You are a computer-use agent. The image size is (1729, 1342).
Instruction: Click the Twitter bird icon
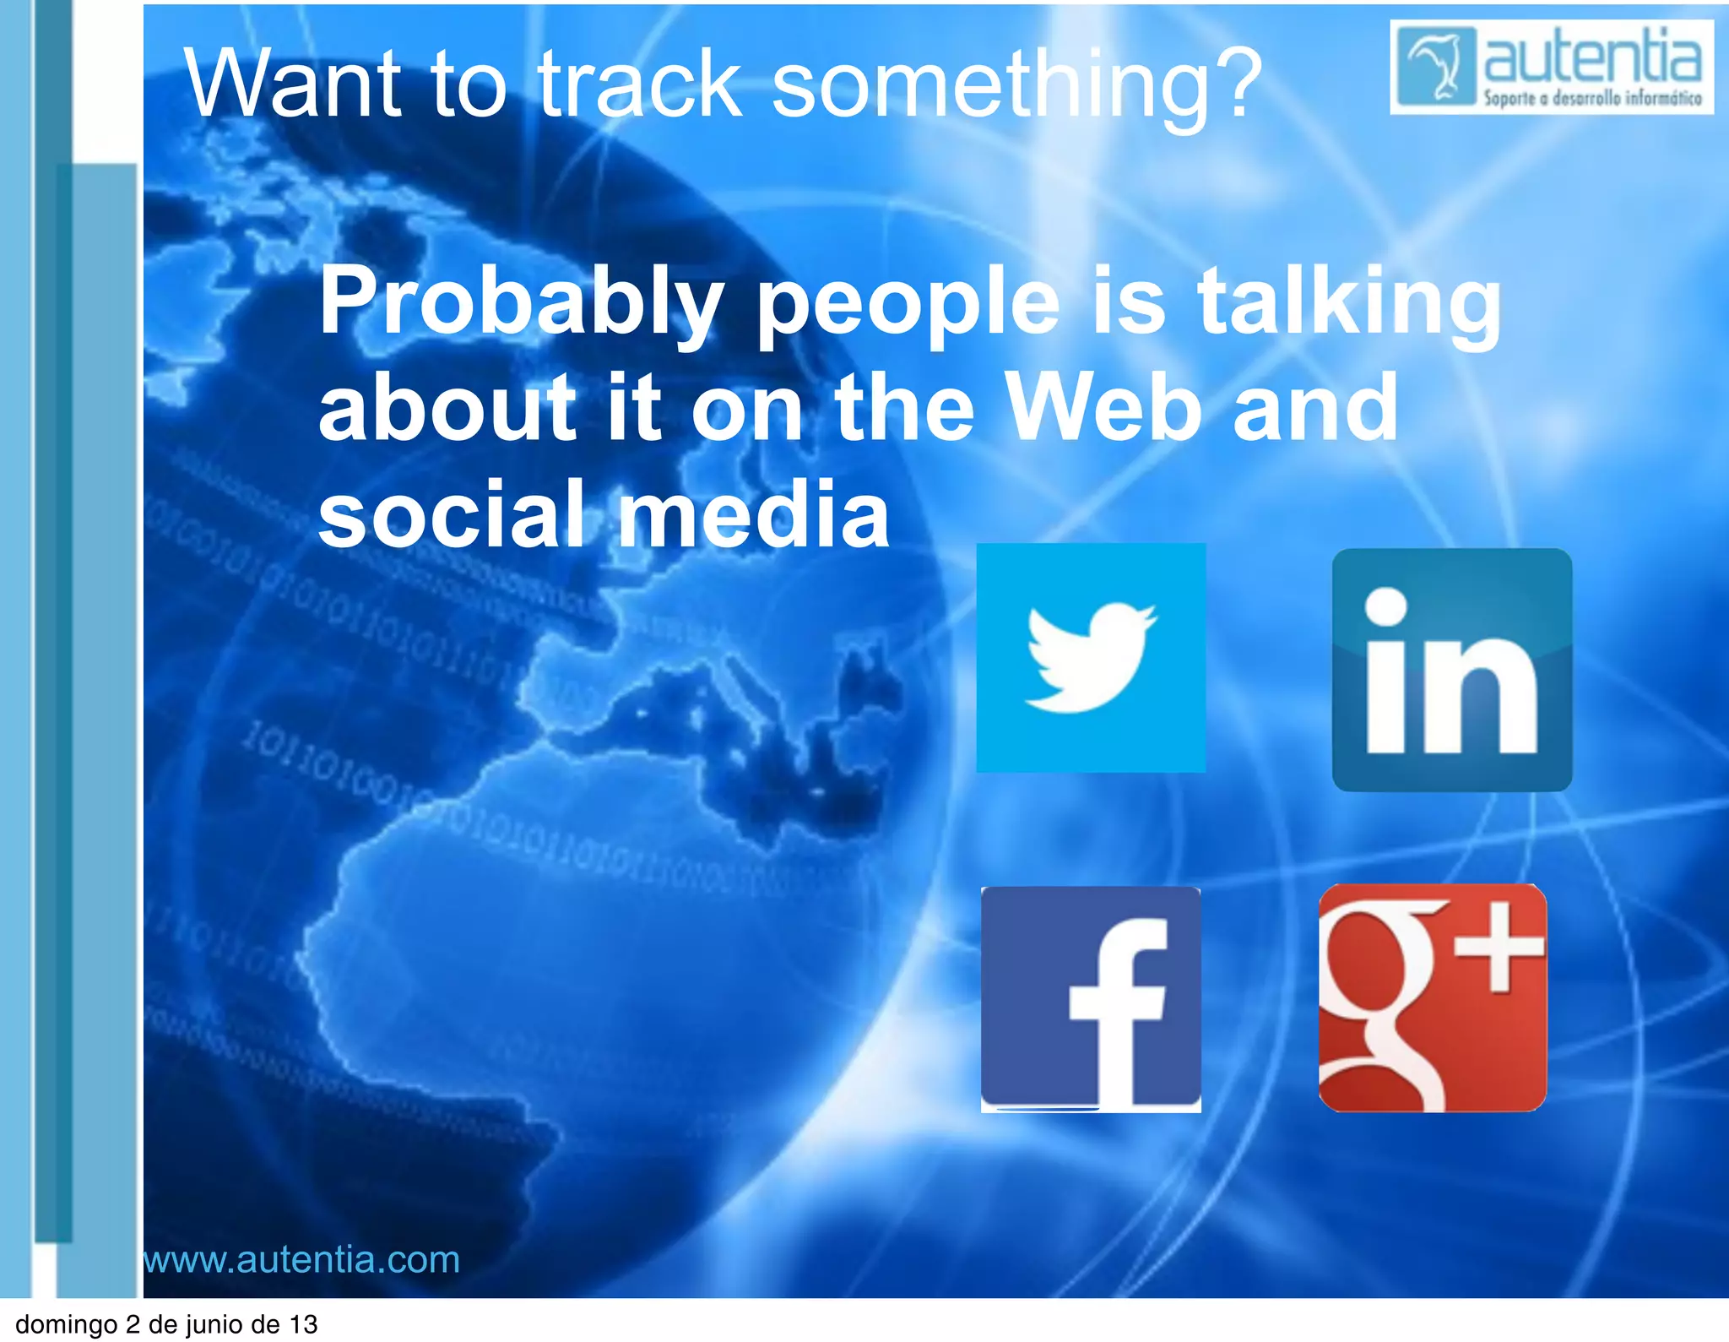pos(1091,657)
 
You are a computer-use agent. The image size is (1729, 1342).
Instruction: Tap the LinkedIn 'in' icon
pos(1451,670)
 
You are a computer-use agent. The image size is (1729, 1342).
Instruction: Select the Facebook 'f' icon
pos(1091,998)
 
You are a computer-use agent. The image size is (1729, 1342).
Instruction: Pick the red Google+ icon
pos(1432,997)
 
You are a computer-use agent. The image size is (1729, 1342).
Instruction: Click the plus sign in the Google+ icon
pos(1500,955)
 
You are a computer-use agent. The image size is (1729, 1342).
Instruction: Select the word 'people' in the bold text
pos(908,306)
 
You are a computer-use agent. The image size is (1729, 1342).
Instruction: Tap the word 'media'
pos(753,513)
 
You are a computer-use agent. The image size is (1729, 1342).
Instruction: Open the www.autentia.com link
pos(301,1259)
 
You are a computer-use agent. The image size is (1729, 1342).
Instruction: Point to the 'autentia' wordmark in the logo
pos(1592,56)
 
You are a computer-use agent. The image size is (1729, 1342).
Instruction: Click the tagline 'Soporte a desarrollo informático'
pos(1592,99)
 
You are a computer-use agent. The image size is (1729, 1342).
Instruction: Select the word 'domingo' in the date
pos(66,1324)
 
